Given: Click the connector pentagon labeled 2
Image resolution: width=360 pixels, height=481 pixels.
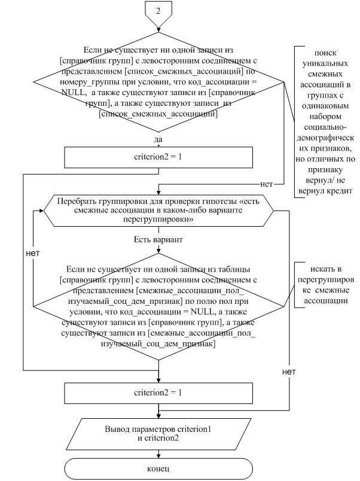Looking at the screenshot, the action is [158, 14].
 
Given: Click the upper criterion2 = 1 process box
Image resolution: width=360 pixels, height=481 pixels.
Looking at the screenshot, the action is [158, 157].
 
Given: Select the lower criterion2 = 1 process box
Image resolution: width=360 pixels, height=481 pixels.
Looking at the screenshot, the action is [158, 393].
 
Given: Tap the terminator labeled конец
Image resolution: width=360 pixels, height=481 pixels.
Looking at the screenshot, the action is [158, 468].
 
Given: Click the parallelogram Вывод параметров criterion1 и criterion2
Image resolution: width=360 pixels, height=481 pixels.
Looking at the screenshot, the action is [158, 434].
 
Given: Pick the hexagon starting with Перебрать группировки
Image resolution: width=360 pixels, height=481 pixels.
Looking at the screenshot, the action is [158, 211].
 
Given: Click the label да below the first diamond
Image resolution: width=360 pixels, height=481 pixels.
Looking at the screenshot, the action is [158, 139].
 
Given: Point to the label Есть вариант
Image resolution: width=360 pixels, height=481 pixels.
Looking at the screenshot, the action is [158, 239].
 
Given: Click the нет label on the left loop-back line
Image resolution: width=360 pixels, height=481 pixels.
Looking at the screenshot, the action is [33, 254].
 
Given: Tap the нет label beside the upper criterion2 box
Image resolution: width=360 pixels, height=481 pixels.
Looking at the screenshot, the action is [267, 184].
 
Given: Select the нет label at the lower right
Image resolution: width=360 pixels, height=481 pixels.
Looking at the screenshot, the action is [289, 372].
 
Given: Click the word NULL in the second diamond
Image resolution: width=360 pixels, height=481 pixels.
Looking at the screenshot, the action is [202, 312].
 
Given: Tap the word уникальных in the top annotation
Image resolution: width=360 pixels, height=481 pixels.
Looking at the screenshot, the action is [325, 63].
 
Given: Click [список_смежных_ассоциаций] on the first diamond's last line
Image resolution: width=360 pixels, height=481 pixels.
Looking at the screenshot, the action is [158, 114].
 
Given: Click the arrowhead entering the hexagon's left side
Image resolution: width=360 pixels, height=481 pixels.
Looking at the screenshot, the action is [41, 211].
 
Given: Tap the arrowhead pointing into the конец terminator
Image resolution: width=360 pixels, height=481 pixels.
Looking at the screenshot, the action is [158, 455].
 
